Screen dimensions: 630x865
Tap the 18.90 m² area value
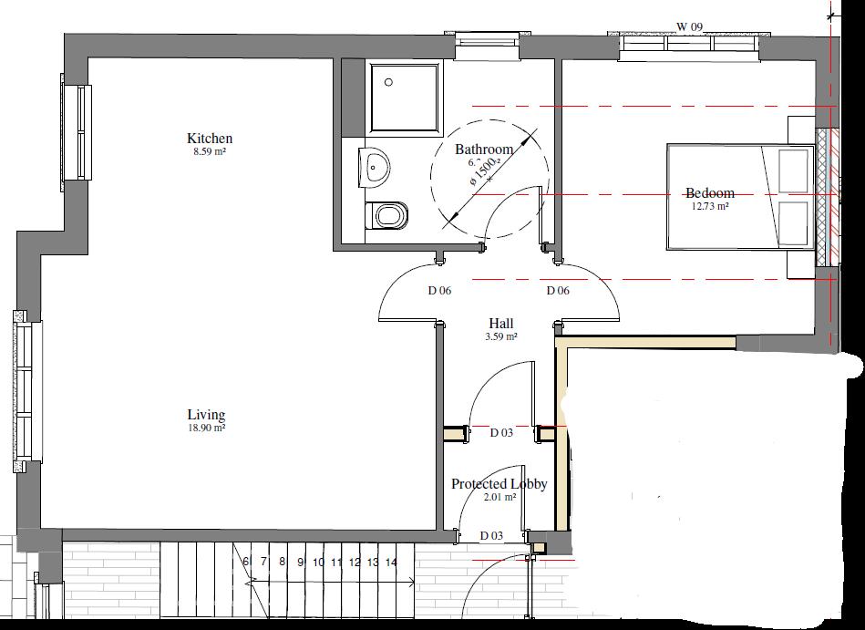[207, 428]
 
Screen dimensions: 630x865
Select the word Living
[207, 415]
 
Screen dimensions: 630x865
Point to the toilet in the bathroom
[386, 217]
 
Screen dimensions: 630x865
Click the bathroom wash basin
[375, 166]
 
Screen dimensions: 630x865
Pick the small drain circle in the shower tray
[389, 82]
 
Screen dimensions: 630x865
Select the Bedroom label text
[710, 193]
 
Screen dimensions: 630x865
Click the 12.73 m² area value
[710, 206]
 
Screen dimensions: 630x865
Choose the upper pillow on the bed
[794, 170]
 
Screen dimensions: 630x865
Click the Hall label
[501, 324]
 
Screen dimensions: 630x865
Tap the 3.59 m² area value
[501, 336]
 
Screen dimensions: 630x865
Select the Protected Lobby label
[499, 484]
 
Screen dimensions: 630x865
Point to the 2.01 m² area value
[499, 498]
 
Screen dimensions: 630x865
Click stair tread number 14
[391, 563]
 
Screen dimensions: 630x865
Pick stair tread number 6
[246, 563]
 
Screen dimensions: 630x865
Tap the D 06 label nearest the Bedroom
[558, 291]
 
